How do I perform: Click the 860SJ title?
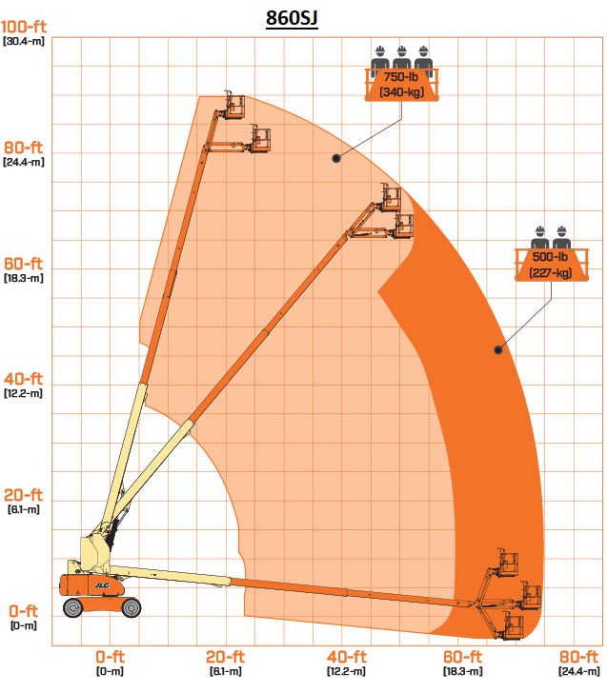[292, 18]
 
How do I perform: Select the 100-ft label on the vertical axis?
[24, 27]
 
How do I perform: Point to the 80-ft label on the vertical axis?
[24, 148]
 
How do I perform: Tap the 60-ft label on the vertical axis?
[24, 264]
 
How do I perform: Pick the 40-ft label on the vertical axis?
[24, 379]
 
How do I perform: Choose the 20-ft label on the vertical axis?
[24, 495]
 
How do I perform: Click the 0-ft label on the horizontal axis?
[111, 657]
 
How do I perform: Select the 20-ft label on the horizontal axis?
[225, 657]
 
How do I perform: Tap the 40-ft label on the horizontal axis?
[347, 657]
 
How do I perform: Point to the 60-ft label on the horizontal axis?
[462, 657]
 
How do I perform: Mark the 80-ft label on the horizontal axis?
[578, 657]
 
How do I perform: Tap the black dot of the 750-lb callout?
[336, 158]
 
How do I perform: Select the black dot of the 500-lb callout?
[498, 350]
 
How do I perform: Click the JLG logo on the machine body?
[102, 585]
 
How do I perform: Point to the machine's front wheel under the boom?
[131, 607]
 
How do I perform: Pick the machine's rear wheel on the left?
[73, 607]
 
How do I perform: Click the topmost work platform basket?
[234, 105]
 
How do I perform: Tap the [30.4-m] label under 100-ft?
[24, 42]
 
